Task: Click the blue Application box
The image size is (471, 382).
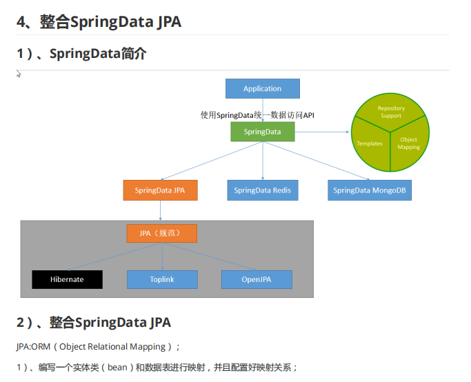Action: click(x=263, y=88)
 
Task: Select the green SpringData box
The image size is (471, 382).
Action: click(x=262, y=132)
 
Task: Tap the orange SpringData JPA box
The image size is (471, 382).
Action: click(x=161, y=190)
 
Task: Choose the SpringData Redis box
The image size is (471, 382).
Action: click(x=263, y=190)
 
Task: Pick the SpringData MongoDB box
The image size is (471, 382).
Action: click(x=370, y=190)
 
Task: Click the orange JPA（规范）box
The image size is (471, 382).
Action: click(x=161, y=233)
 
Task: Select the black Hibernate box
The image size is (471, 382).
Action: click(x=67, y=279)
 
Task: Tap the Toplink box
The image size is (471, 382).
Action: click(x=162, y=279)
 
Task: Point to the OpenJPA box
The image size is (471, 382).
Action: click(x=257, y=279)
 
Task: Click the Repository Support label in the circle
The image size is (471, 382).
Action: click(x=391, y=112)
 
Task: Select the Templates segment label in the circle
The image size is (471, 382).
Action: click(x=370, y=143)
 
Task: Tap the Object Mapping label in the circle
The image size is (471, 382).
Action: click(x=409, y=143)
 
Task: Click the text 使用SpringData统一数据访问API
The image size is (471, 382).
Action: click(x=257, y=115)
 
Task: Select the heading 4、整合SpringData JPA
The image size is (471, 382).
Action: click(x=99, y=22)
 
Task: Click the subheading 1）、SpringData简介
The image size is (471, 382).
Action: click(x=81, y=54)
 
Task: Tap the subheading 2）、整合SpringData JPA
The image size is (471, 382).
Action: click(x=94, y=322)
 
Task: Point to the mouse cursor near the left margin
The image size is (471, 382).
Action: click(x=19, y=74)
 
